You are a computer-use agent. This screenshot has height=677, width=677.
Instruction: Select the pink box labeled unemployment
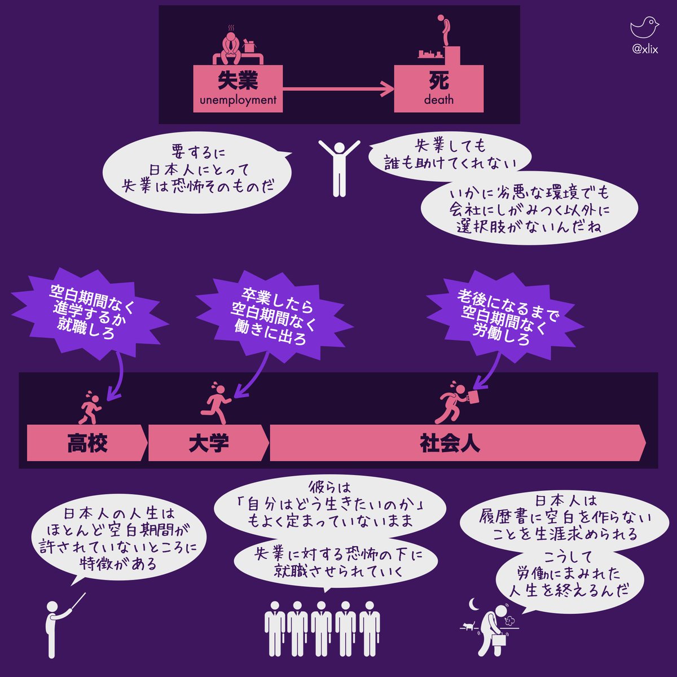coord(238,88)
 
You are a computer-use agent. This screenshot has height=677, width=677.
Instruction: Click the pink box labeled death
coord(438,88)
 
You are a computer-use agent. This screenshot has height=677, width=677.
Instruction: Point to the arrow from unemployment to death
coord(338,89)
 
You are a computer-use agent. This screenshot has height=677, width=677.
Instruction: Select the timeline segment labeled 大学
coord(208,443)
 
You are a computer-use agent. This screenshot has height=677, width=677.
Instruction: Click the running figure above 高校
coord(90,407)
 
